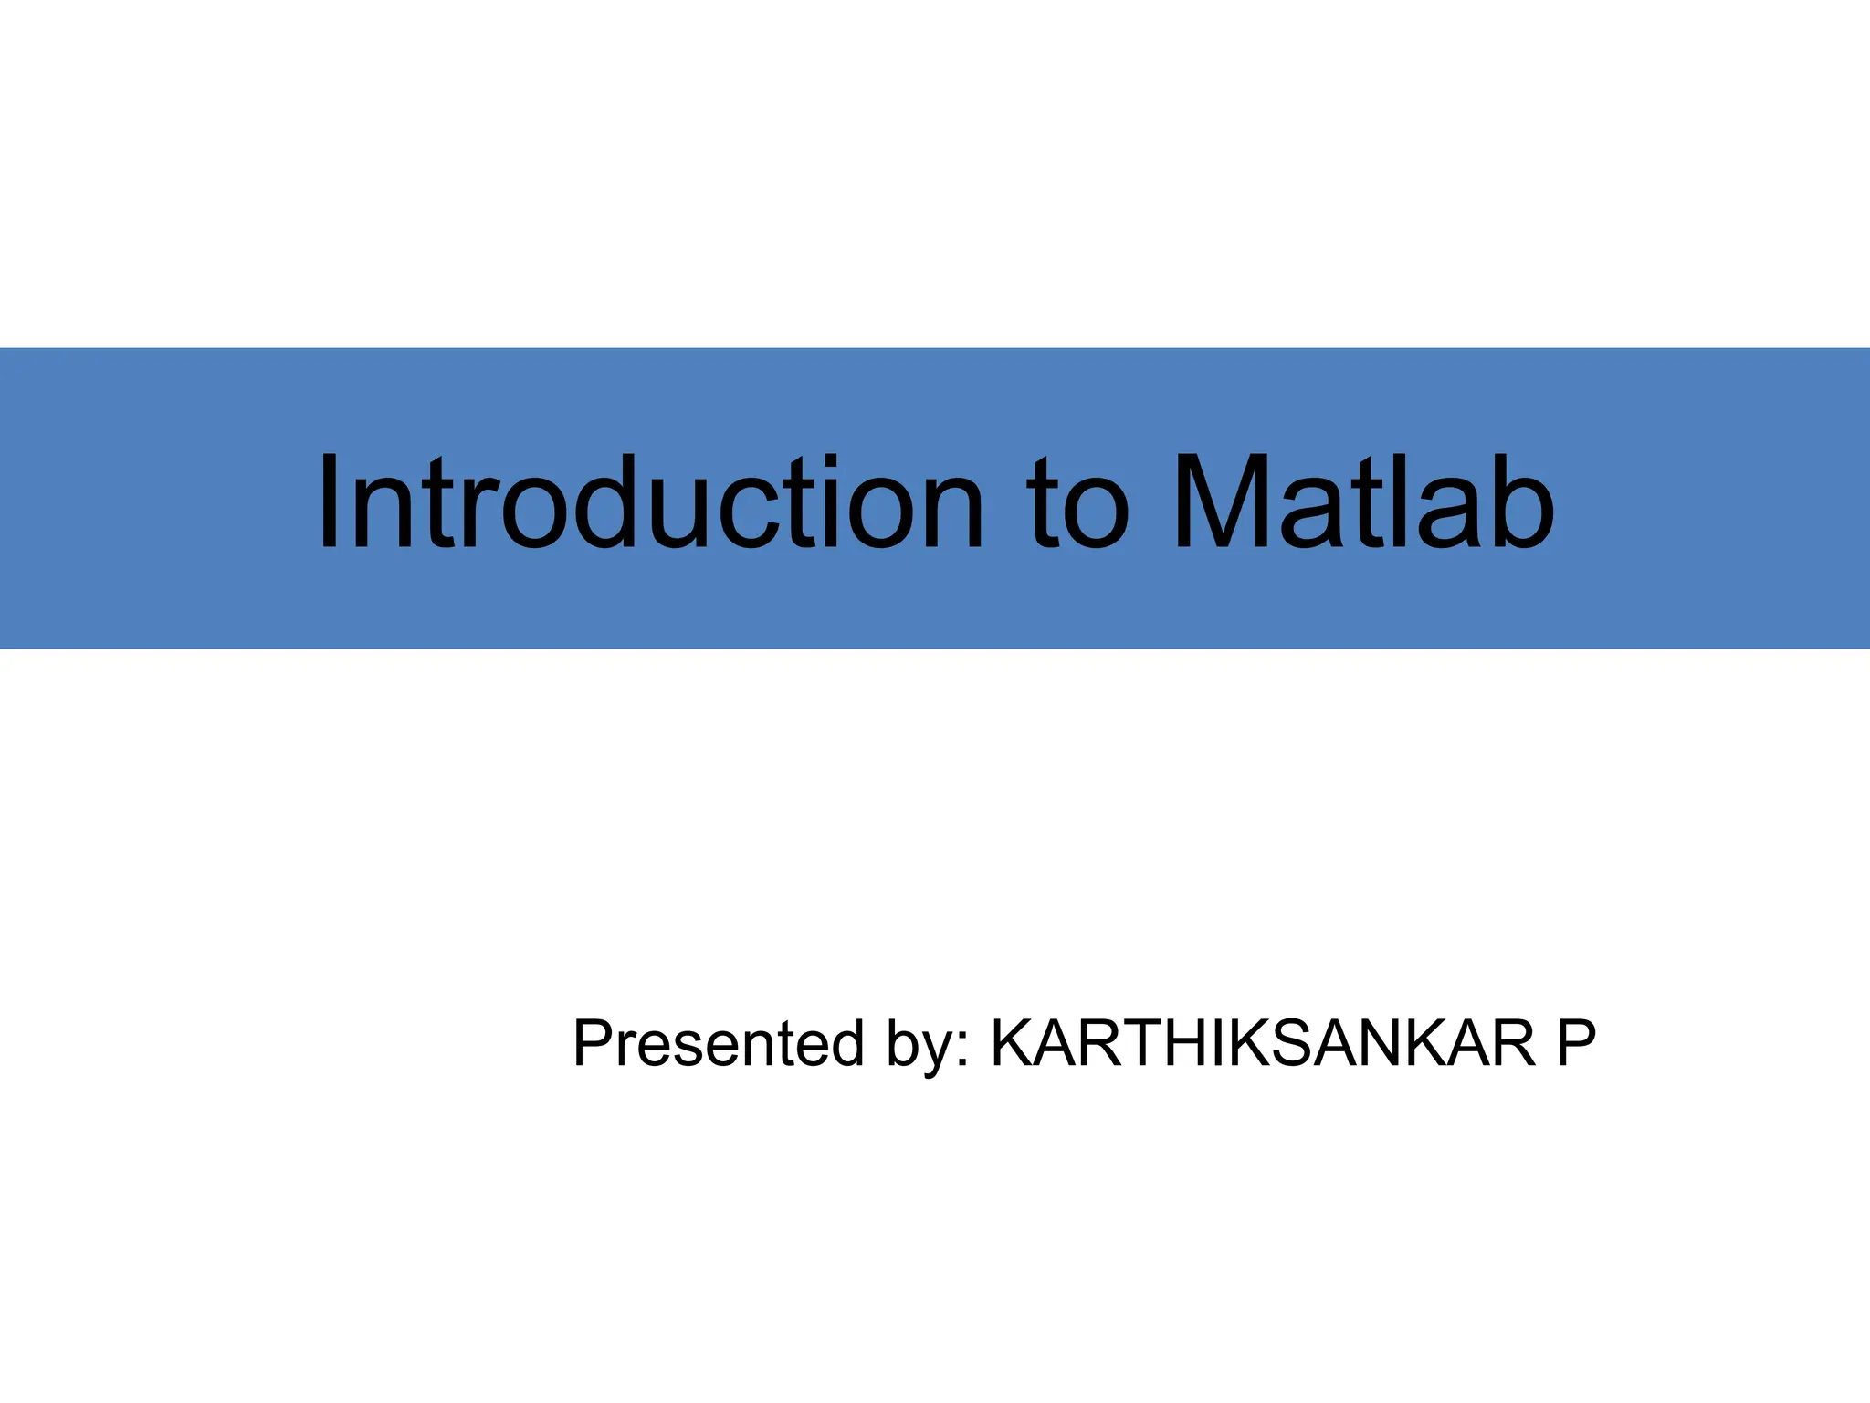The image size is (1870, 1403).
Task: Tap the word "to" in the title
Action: coord(1077,507)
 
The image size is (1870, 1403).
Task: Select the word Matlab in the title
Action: coord(1364,502)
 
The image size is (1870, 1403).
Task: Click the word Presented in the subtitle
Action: coord(718,1043)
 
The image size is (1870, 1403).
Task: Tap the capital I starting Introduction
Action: coord(330,502)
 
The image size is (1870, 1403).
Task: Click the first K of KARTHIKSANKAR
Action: coord(1014,1043)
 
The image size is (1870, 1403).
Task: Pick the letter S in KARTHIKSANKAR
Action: coord(1297,1043)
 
